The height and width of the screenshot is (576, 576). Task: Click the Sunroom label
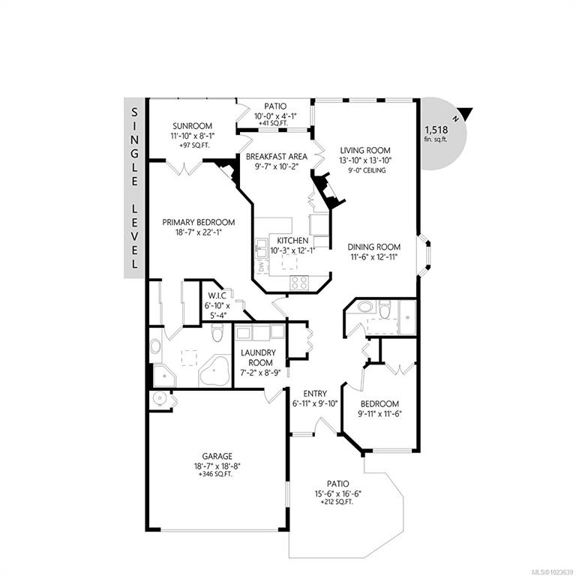[193, 126]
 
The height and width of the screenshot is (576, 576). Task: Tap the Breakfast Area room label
[277, 157]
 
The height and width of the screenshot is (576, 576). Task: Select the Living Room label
[365, 150]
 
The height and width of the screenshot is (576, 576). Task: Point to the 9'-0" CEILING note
[367, 170]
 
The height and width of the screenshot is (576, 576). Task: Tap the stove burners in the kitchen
[298, 283]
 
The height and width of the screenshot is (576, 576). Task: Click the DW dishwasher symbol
[262, 266]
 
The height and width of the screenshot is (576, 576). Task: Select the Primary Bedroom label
[199, 222]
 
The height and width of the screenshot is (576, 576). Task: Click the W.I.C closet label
[217, 295]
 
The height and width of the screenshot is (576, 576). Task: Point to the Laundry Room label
[258, 358]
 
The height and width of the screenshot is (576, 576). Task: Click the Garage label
[217, 456]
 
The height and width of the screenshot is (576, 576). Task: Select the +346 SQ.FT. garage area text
[215, 474]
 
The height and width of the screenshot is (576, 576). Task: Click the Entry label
[315, 394]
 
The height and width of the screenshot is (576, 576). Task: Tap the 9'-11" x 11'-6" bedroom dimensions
[379, 414]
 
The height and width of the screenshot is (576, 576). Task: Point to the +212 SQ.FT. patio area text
[337, 502]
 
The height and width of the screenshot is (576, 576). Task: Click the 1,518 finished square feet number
[436, 130]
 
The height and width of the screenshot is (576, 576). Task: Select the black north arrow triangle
[466, 113]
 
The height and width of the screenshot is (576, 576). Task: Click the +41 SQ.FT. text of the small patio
[273, 124]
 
